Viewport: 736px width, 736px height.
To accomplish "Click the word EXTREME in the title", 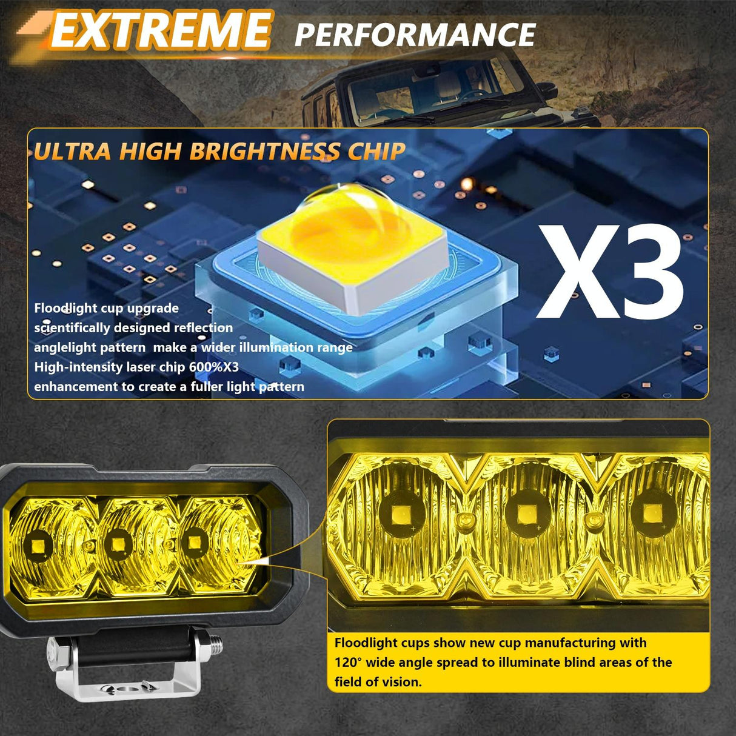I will pos(159,31).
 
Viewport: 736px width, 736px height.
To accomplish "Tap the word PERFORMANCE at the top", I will pos(415,35).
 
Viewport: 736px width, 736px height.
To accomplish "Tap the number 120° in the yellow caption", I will pos(348,662).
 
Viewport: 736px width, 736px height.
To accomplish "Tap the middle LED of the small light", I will pos(114,541).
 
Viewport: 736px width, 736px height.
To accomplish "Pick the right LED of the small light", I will pos(194,539).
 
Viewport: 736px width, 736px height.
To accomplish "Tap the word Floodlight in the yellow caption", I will pos(364,643).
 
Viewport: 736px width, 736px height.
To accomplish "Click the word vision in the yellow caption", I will pos(401,682).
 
